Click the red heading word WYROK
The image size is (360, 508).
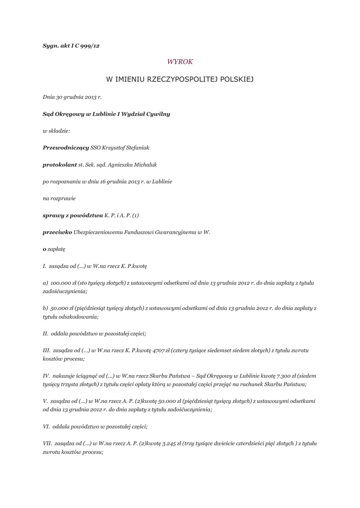pyautogui.click(x=180, y=62)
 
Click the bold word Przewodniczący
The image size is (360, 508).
pyautogui.click(x=66, y=148)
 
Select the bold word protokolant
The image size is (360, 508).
pyautogui.click(x=60, y=165)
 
